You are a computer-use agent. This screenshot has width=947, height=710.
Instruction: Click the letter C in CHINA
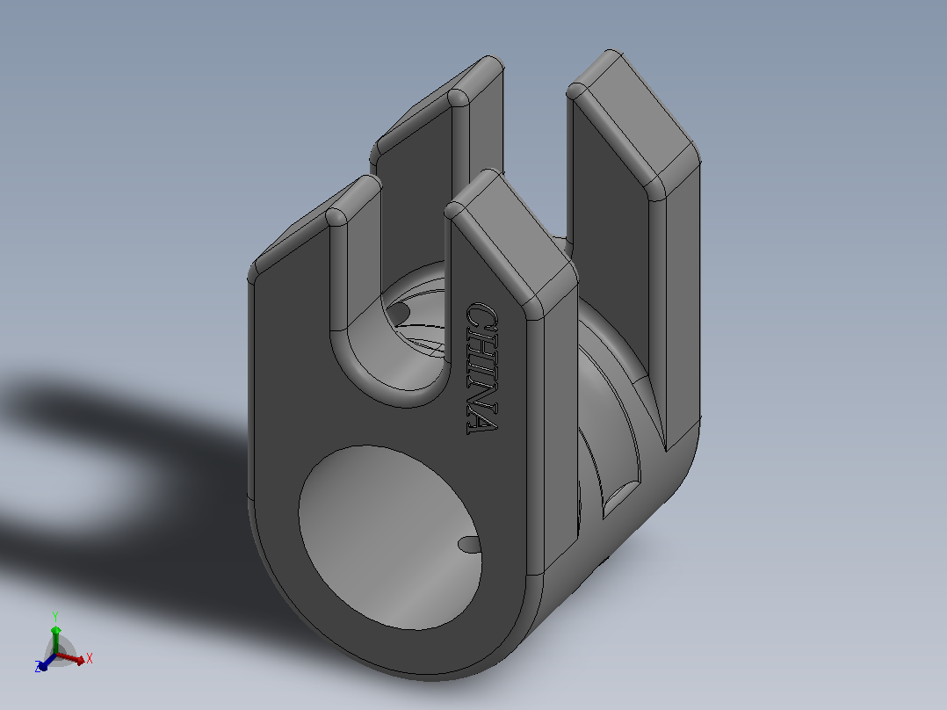pyautogui.click(x=482, y=316)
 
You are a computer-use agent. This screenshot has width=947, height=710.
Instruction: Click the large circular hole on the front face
pyautogui.click(x=390, y=538)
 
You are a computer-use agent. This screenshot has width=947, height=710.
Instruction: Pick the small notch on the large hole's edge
pyautogui.click(x=469, y=545)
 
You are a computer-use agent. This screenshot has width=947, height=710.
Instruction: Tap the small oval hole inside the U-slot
pyautogui.click(x=398, y=313)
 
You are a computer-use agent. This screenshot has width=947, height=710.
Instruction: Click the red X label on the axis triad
pyautogui.click(x=90, y=658)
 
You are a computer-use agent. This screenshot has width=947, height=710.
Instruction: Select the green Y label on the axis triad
pyautogui.click(x=55, y=616)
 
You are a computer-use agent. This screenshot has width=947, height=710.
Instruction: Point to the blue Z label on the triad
pyautogui.click(x=38, y=667)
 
